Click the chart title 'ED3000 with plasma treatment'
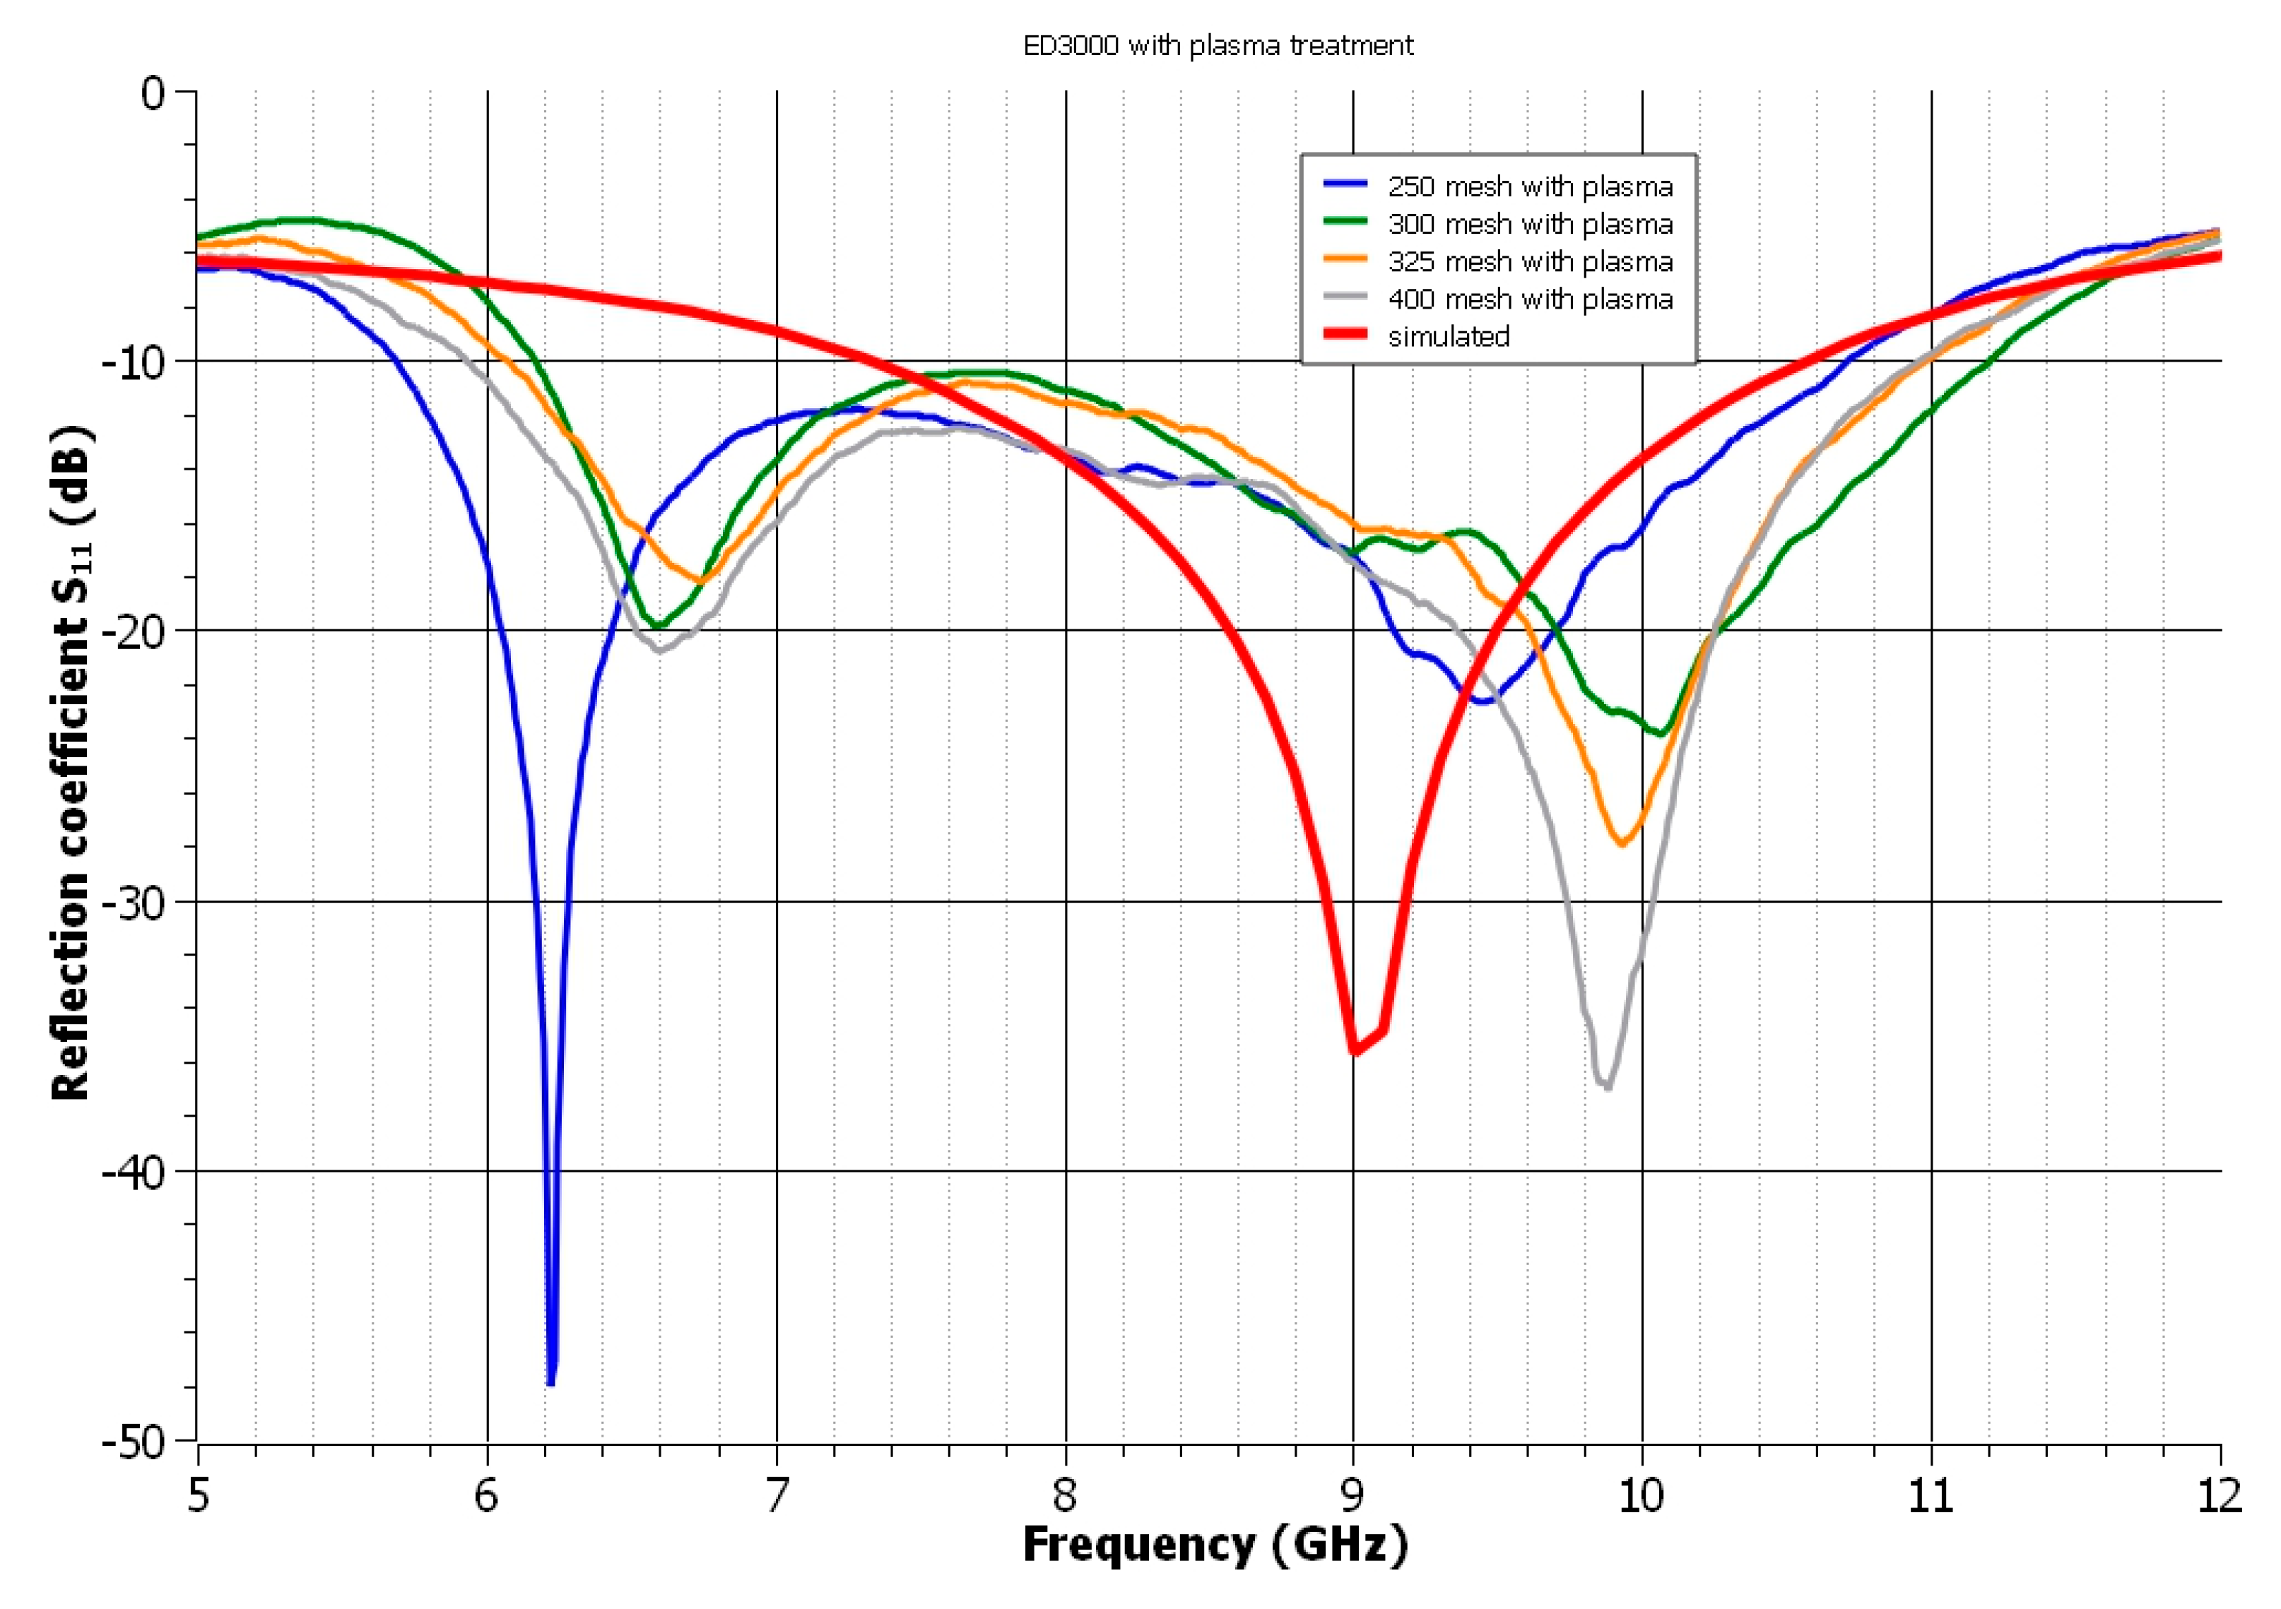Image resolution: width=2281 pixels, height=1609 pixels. (x=1218, y=46)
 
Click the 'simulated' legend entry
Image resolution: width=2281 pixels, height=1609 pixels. (x=1449, y=337)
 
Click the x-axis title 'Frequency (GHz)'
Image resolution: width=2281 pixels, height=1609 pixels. (x=1215, y=1545)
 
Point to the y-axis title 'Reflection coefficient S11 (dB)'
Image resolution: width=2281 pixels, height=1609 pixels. (x=71, y=763)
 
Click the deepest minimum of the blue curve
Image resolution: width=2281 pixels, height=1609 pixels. (x=550, y=1382)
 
